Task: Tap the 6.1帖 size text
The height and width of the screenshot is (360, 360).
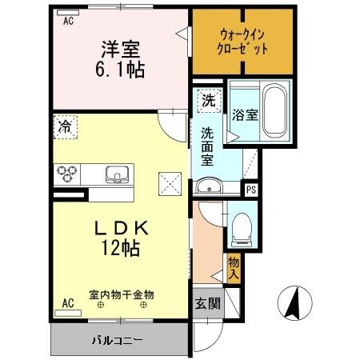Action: pyautogui.click(x=122, y=70)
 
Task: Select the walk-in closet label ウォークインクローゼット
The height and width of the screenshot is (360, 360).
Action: pyautogui.click(x=242, y=42)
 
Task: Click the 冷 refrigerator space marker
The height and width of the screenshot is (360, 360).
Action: pyautogui.click(x=65, y=126)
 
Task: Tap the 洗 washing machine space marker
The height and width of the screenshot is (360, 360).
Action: pyautogui.click(x=208, y=102)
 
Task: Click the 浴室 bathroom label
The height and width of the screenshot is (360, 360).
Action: pyautogui.click(x=245, y=114)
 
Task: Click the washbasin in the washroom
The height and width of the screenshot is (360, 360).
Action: pyautogui.click(x=209, y=188)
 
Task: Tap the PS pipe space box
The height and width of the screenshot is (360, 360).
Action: pyautogui.click(x=250, y=190)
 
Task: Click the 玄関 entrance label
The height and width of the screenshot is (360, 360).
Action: pyautogui.click(x=206, y=304)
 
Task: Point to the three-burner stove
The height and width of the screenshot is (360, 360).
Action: pyautogui.click(x=66, y=174)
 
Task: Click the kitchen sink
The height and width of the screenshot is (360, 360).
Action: pyautogui.click(x=118, y=174)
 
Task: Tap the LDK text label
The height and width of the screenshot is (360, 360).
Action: pyautogui.click(x=121, y=229)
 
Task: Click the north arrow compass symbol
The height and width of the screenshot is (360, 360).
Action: pyautogui.click(x=293, y=304)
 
